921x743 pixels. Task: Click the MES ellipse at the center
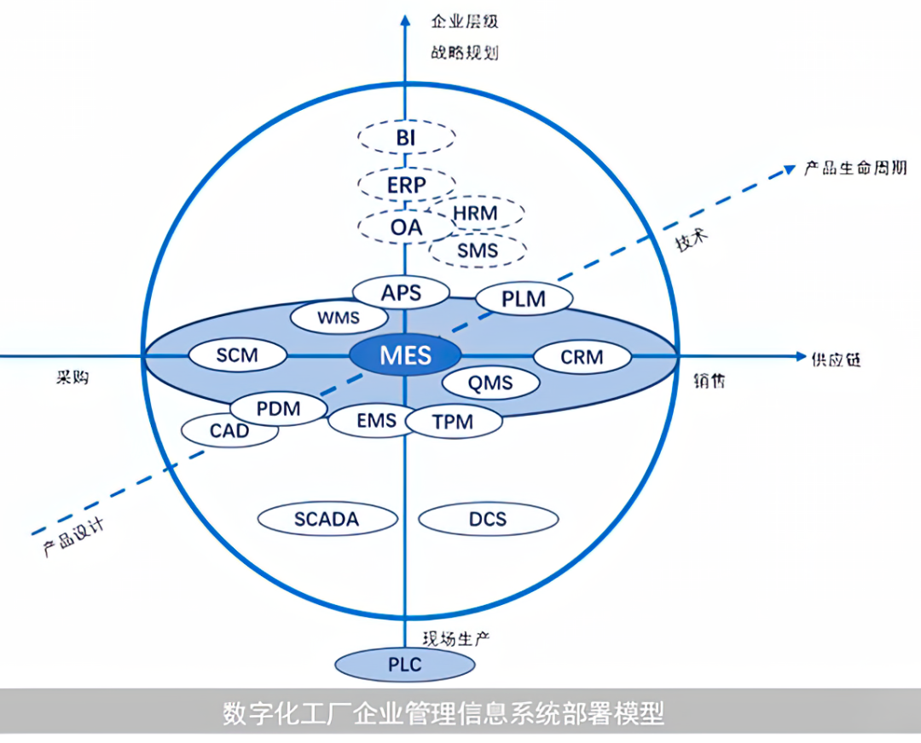405,355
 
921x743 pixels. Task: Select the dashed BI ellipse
406,137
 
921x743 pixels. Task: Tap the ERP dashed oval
406,185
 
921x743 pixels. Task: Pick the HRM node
476,213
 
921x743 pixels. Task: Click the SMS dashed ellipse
478,251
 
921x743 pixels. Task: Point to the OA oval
406,228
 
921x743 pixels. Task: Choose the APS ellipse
401,292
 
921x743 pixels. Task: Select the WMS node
339,318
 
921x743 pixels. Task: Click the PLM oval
524,299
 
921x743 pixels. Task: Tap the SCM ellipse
237,355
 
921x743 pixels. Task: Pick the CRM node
582,357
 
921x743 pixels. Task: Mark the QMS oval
490,383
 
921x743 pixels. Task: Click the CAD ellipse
229,431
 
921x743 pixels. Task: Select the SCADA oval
327,519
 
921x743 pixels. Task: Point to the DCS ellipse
488,519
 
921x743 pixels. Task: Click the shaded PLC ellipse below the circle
405,665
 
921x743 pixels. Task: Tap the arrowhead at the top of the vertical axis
405,20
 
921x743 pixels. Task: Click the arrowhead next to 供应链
800,355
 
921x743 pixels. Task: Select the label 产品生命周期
855,169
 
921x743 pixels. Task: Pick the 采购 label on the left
72,377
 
